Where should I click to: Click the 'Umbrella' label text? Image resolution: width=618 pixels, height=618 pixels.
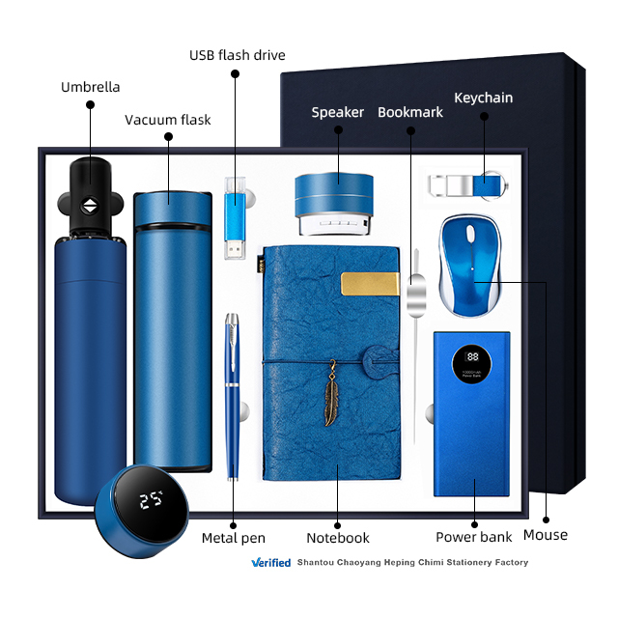click(91, 87)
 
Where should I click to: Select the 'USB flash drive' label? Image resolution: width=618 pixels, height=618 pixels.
click(237, 55)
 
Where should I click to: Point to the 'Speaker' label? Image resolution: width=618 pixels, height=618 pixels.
click(337, 113)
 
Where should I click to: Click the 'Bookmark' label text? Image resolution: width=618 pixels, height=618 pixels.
click(409, 113)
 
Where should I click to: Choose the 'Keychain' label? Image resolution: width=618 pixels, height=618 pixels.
click(483, 98)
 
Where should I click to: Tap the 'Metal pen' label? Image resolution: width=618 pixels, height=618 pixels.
click(233, 538)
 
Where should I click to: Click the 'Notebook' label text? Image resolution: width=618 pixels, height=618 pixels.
click(338, 538)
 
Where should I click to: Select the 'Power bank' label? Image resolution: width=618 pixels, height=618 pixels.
click(473, 538)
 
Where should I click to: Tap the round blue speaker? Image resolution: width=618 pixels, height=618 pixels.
click(338, 204)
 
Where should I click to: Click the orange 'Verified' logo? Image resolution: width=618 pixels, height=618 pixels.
click(270, 562)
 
